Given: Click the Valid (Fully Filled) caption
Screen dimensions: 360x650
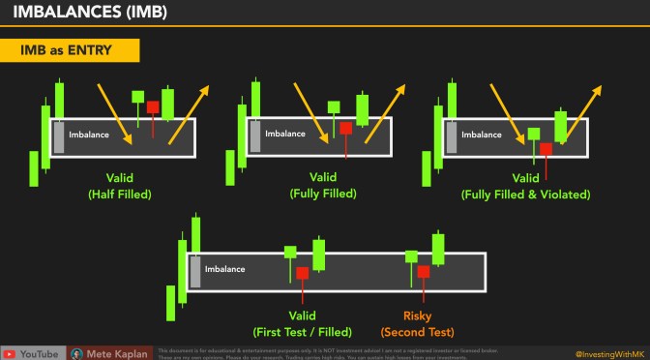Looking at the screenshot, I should pyautogui.click(x=322, y=185).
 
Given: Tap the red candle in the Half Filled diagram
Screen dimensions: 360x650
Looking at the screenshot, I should pyautogui.click(x=153, y=106).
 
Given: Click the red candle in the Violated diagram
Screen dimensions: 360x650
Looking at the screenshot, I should pyautogui.click(x=547, y=149).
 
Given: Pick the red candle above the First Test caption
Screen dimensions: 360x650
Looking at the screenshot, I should pyautogui.click(x=303, y=273).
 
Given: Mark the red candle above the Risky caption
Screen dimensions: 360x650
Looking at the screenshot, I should pyautogui.click(x=423, y=272).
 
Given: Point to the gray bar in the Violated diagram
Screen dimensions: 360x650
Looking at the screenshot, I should pyautogui.click(x=450, y=136).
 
